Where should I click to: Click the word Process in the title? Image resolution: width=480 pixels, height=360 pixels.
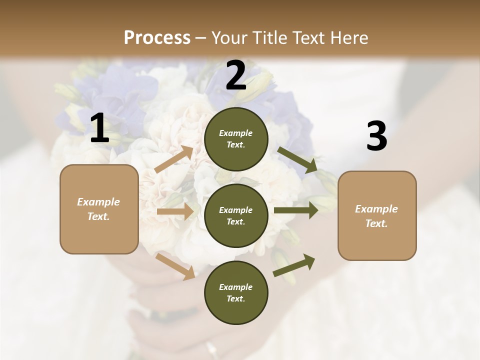(157, 37)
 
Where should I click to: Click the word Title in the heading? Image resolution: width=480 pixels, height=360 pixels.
(268, 37)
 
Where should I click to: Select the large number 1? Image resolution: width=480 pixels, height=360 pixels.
(99, 128)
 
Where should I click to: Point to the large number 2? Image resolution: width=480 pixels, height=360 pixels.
(236, 76)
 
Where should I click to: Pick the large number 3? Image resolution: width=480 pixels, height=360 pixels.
(376, 137)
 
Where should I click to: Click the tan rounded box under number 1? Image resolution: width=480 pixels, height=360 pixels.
(99, 209)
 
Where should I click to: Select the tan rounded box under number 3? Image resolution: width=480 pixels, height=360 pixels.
(377, 216)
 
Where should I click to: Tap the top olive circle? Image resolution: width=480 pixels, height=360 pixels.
(236, 139)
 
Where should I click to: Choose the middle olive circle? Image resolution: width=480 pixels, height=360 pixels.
(236, 216)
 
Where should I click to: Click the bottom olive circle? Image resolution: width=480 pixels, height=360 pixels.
(236, 293)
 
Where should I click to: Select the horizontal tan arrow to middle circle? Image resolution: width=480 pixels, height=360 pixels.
(175, 212)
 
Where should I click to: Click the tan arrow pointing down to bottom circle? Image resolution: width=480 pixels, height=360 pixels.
(175, 266)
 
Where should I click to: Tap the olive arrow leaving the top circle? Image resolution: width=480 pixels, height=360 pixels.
(297, 160)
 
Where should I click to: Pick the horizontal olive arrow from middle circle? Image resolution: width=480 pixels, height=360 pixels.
(296, 210)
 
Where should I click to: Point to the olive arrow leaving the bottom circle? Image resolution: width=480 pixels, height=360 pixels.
(294, 265)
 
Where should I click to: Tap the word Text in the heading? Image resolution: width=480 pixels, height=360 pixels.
(306, 37)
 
